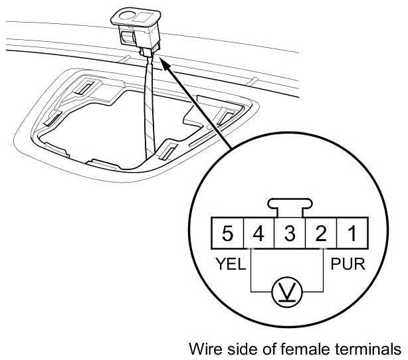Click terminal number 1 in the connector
[350, 234]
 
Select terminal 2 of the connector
[320, 234]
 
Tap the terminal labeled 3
[289, 234]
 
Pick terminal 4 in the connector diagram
[259, 234]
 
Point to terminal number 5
[228, 234]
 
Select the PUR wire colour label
[348, 264]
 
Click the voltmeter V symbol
[286, 290]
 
